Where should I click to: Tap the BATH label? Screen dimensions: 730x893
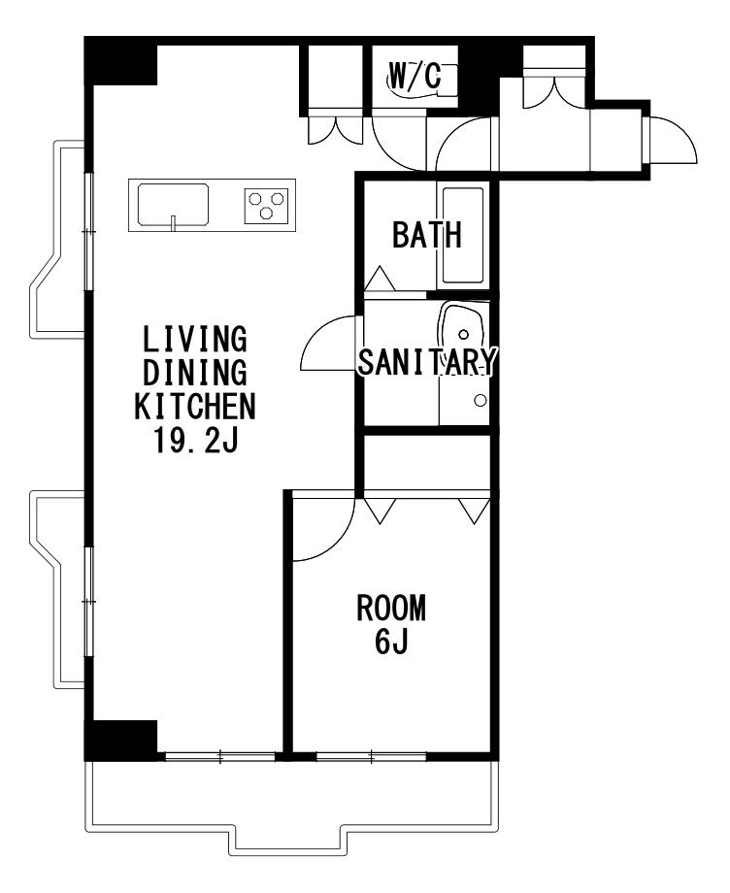[426, 235]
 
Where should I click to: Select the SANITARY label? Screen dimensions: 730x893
[428, 361]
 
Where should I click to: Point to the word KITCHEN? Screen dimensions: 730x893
[195, 406]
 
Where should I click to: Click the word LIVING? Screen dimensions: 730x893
[195, 339]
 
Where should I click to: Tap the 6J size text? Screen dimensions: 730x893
[391, 642]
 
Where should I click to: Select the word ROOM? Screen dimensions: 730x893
[391, 608]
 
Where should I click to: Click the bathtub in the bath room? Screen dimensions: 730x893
[463, 236]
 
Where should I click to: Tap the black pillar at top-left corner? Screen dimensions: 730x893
[120, 61]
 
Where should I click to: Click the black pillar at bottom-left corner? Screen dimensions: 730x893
[120, 741]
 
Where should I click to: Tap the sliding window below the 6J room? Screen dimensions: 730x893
[371, 757]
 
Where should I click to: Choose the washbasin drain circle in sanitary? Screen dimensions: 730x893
[465, 334]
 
